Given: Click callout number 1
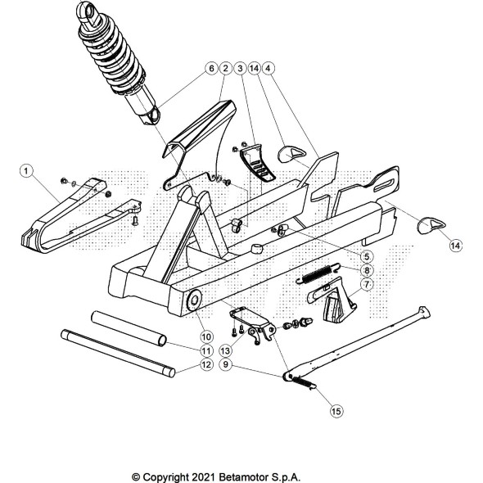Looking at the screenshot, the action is (26, 171).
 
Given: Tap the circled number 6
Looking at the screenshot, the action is (211, 68).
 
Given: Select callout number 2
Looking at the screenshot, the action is (225, 68).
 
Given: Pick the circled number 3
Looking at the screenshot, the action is (240, 68).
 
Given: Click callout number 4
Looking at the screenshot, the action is (268, 68).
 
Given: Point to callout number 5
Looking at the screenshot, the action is (367, 256).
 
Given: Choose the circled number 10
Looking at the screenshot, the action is (206, 336).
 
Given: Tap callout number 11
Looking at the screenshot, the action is (206, 350).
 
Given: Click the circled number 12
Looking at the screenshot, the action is (206, 364).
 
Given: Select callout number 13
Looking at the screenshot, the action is (225, 350).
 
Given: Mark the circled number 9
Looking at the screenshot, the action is (226, 364).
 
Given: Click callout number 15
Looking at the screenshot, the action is (336, 411).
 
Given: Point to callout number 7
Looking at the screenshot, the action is (367, 284).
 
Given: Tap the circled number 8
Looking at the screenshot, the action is (367, 270).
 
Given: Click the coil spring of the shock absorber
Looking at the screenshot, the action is (111, 58).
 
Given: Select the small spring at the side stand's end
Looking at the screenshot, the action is (304, 382).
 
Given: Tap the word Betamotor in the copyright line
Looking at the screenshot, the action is (244, 477).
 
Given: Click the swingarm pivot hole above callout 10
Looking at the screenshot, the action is (195, 300).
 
